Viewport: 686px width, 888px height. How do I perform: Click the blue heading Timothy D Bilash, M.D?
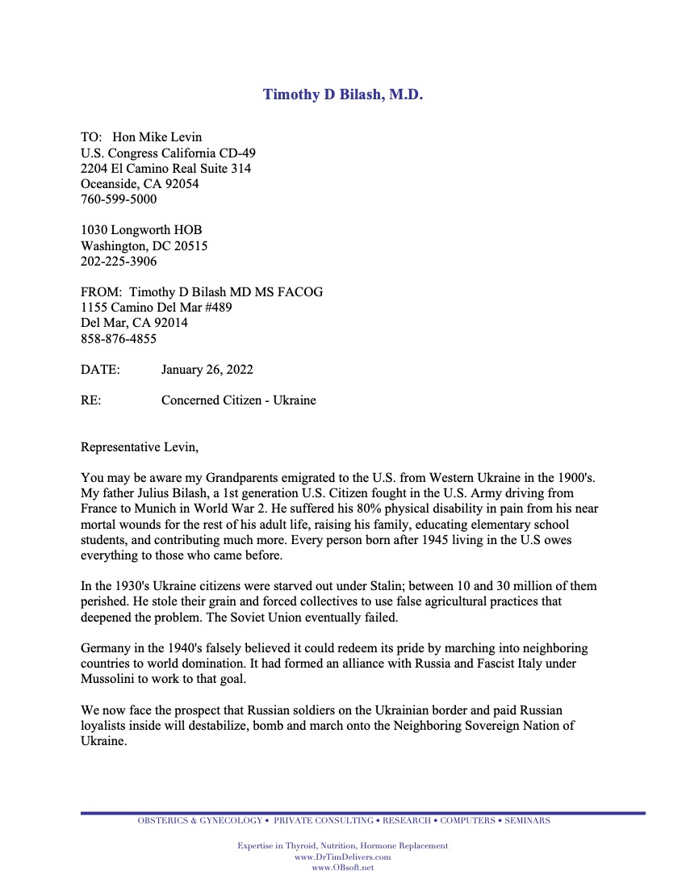point(343,94)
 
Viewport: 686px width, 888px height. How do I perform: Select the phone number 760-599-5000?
point(119,199)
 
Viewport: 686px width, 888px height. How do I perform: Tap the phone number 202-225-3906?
point(119,262)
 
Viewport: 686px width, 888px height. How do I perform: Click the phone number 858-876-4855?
point(119,339)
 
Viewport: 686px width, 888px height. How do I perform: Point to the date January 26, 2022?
point(207,370)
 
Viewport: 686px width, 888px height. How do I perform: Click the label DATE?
point(100,370)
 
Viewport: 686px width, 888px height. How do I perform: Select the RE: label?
point(91,400)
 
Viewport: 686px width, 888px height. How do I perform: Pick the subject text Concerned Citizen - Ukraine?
point(238,400)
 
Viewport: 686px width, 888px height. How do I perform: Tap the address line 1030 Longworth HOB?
point(141,230)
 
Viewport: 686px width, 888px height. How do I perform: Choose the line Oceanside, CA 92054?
point(140,183)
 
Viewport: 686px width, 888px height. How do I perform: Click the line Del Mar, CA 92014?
point(134,323)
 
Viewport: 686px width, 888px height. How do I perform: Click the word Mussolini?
point(109,679)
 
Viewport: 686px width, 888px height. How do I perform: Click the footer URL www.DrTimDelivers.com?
point(342,857)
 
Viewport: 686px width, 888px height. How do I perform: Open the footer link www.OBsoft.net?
point(342,867)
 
